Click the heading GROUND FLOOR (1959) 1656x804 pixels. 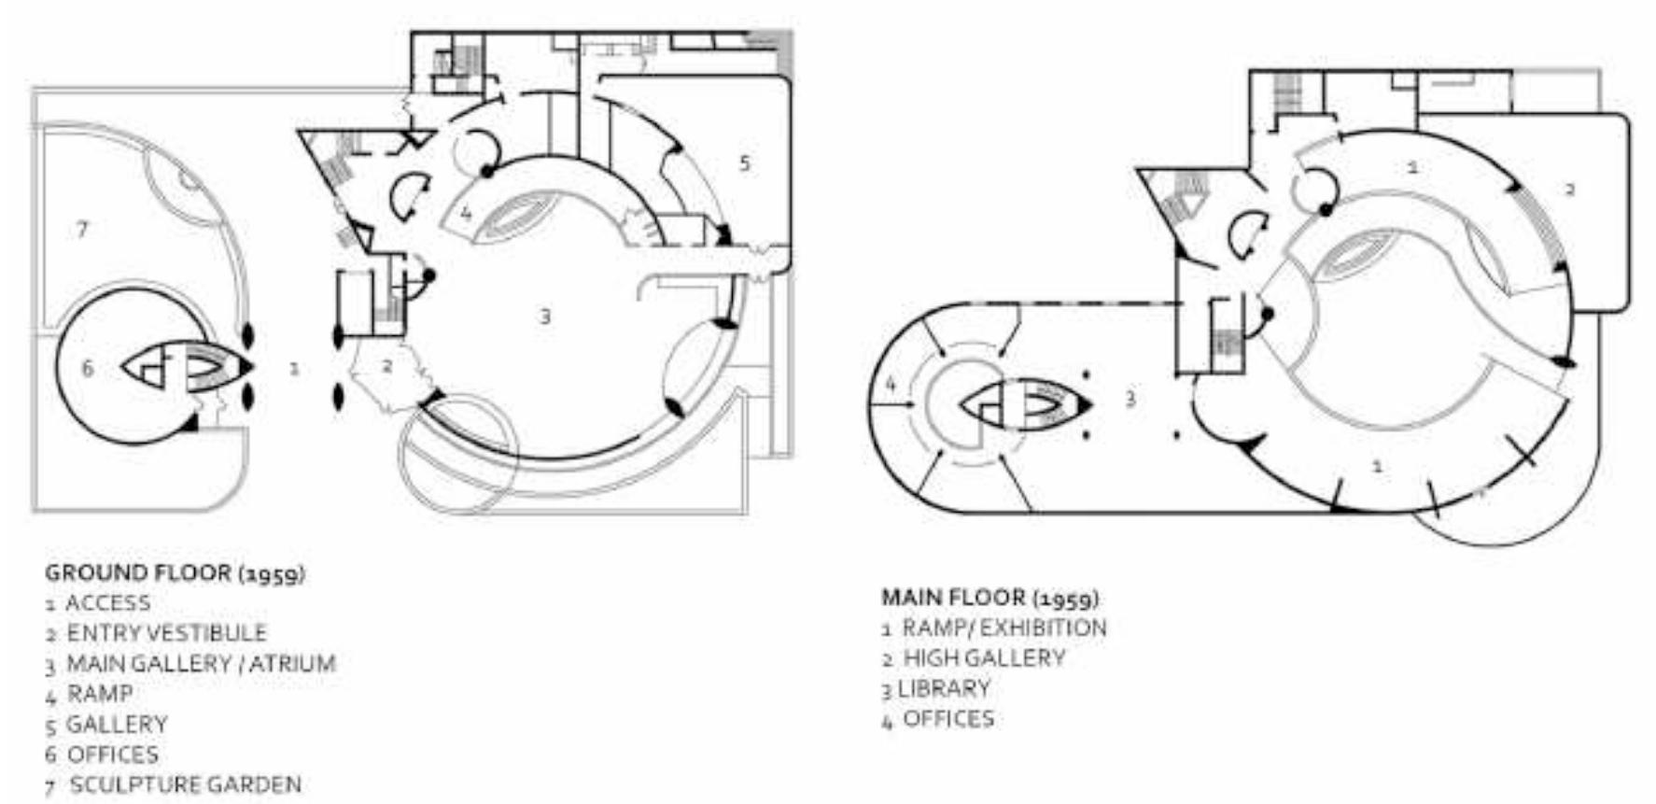click(x=175, y=572)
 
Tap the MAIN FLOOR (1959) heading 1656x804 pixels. click(x=990, y=597)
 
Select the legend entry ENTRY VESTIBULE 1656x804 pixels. click(x=166, y=633)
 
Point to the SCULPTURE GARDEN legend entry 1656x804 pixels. click(x=186, y=784)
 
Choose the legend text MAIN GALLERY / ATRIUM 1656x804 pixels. click(x=201, y=663)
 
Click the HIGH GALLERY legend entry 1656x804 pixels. click(x=984, y=657)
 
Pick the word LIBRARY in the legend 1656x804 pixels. click(x=944, y=688)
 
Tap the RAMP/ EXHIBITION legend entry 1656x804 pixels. click(x=1004, y=628)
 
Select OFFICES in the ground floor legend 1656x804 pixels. click(x=113, y=754)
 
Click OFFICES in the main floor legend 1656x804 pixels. click(x=948, y=718)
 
